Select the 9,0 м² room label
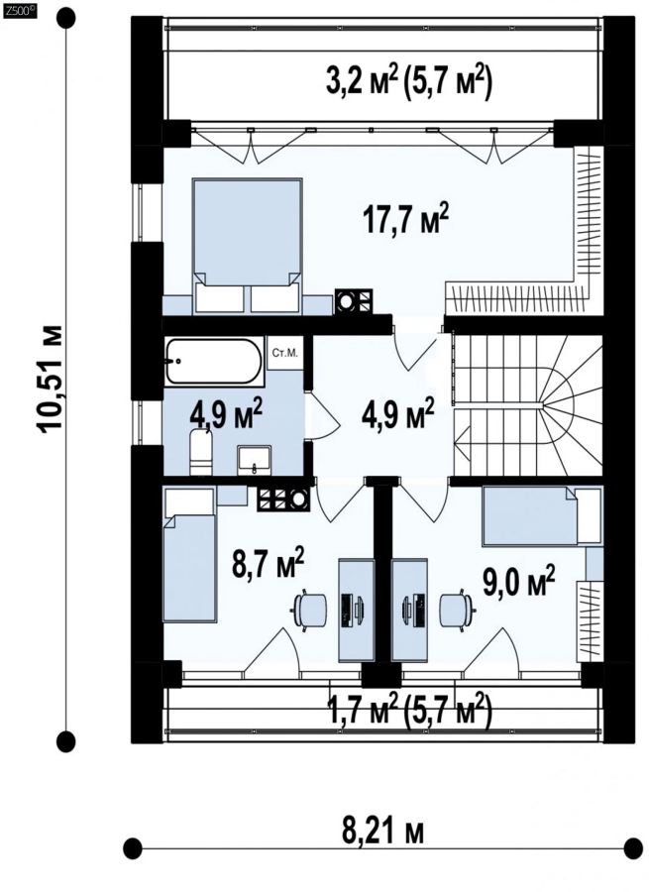(519, 580)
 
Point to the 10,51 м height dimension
(51, 380)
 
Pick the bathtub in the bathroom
(214, 361)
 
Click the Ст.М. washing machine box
(285, 353)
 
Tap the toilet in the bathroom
(200, 452)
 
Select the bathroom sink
(255, 460)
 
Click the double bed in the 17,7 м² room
(247, 246)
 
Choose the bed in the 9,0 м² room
(542, 516)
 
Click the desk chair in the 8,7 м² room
(309, 609)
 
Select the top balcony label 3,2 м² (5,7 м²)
(408, 82)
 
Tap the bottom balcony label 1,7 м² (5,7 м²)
(408, 710)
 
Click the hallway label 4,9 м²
(397, 412)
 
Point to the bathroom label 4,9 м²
(225, 414)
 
